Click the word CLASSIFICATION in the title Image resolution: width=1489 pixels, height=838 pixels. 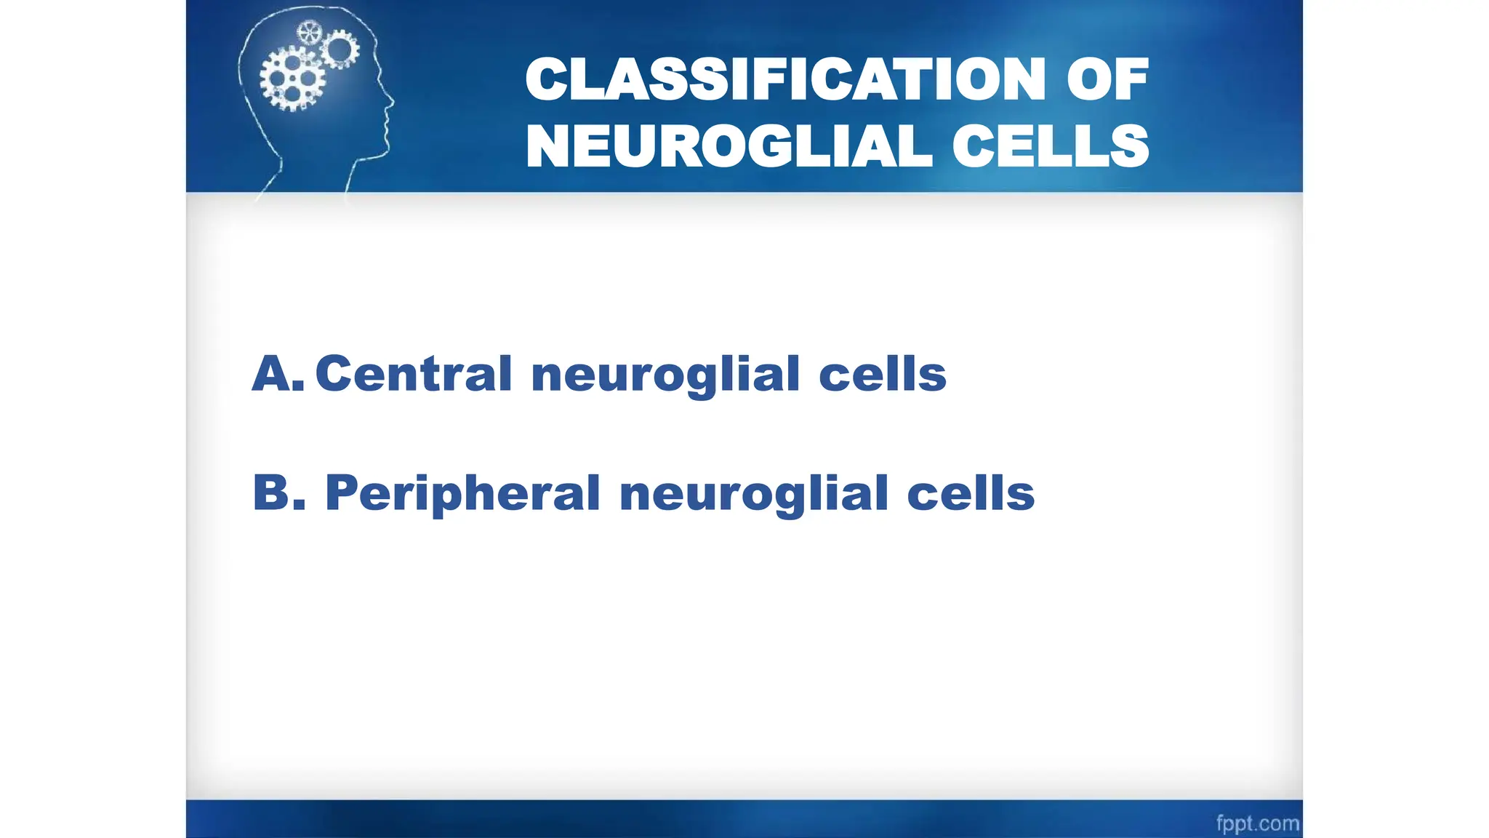point(786,79)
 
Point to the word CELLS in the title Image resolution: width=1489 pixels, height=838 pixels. point(1051,146)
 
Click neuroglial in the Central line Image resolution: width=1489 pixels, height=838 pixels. point(665,375)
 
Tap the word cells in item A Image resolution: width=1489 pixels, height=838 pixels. point(883,374)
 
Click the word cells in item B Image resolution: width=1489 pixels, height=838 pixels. point(971,493)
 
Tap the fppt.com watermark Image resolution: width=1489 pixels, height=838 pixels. point(1257,823)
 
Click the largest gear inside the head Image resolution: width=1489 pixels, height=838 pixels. point(292,79)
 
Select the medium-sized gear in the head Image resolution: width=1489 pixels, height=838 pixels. point(339,49)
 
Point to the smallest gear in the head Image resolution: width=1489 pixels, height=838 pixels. point(310,32)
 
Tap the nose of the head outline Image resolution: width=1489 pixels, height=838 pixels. point(392,102)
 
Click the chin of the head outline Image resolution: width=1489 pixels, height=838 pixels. point(384,153)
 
